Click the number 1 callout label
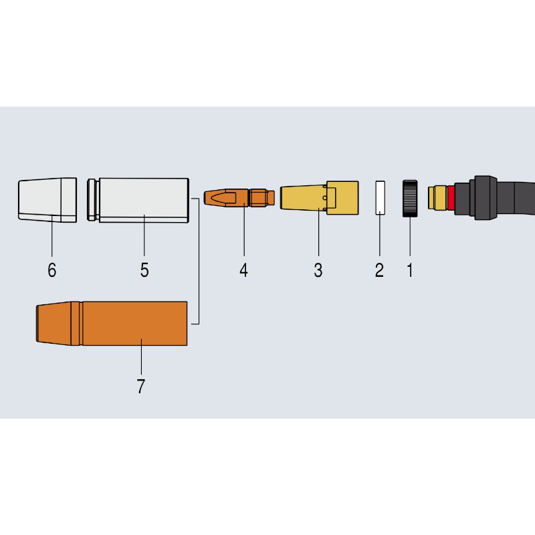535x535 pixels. click(410, 270)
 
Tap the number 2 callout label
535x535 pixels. click(379, 270)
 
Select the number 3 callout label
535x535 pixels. click(318, 270)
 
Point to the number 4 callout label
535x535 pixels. click(243, 270)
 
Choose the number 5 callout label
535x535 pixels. click(144, 270)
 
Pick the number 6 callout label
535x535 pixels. click(52, 270)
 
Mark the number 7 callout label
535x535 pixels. click(141, 387)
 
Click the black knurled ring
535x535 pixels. click(410, 198)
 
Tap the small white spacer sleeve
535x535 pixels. click(380, 198)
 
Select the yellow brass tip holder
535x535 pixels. click(320, 198)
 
